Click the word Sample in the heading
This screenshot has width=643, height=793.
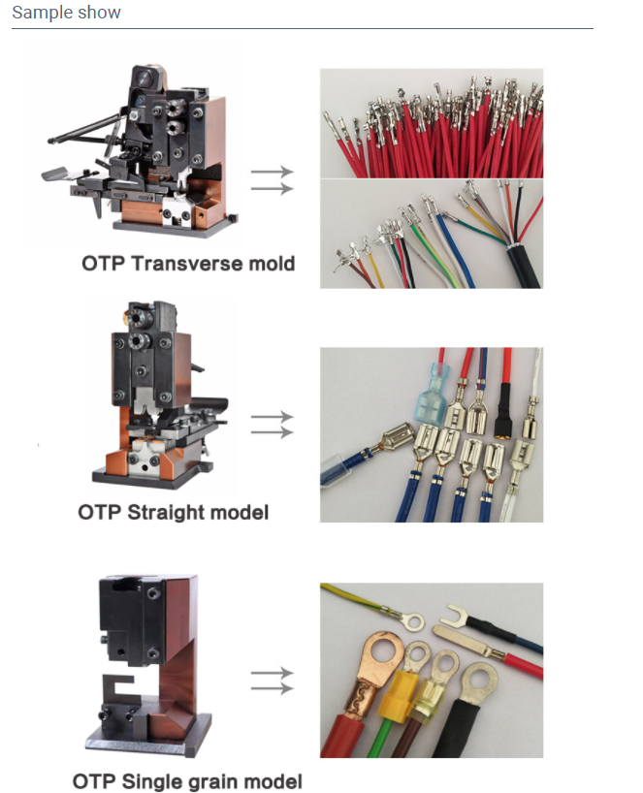pyautogui.click(x=42, y=13)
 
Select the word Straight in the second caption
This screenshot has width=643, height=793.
pyautogui.click(x=159, y=512)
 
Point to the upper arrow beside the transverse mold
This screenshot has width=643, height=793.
pyautogui.click(x=273, y=172)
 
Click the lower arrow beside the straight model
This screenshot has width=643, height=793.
pyautogui.click(x=273, y=432)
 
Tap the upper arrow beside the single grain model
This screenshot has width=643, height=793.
pyautogui.click(x=273, y=673)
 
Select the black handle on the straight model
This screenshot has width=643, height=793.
pyautogui.click(x=209, y=405)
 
